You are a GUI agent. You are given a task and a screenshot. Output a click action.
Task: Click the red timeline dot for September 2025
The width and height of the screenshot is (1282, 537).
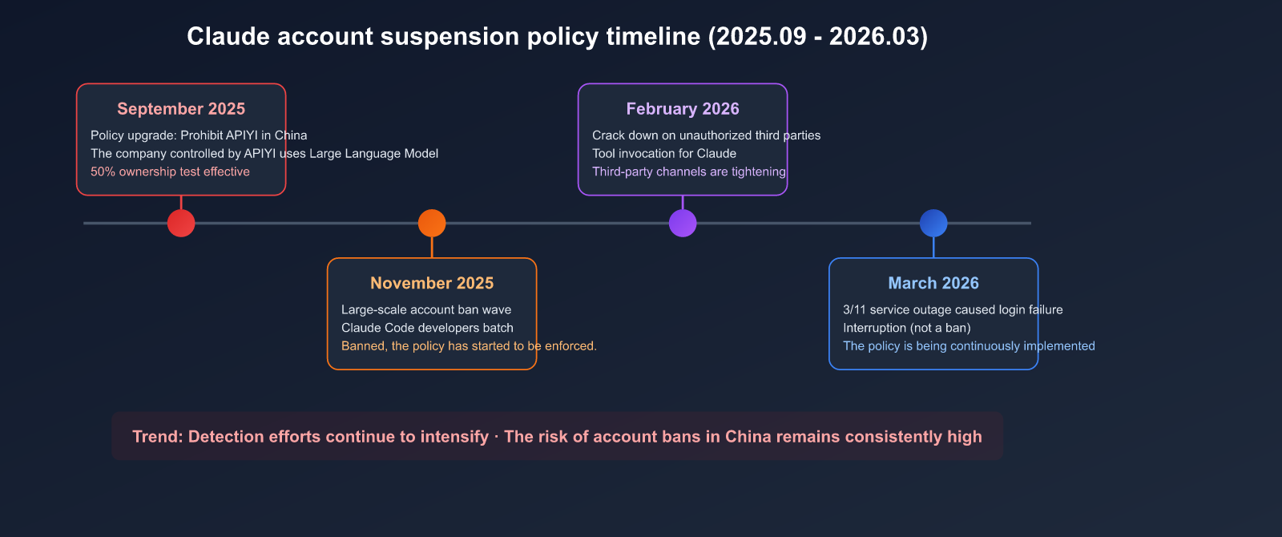pos(181,223)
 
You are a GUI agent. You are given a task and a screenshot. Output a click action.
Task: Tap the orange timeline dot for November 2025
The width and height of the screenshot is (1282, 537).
pos(432,223)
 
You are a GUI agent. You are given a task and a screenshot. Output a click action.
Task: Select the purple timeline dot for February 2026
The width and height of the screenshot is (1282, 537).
pos(683,223)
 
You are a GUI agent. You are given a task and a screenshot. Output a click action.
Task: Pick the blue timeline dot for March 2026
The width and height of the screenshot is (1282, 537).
pos(933,223)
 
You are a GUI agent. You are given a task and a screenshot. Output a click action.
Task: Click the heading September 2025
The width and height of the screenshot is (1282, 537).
pos(181,109)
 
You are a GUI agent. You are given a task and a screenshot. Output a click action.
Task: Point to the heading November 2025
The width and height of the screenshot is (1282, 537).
pos(432,283)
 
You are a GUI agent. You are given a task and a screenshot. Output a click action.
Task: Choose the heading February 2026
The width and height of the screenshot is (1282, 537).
pos(683,109)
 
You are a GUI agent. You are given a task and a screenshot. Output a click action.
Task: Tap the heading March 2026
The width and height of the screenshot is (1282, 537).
pos(933,283)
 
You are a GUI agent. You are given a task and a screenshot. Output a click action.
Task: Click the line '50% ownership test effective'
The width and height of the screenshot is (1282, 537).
pos(170,172)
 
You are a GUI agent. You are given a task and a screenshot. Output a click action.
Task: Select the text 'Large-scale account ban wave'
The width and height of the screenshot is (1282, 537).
pos(426,309)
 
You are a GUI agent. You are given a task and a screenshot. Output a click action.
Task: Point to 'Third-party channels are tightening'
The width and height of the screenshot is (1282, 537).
pos(689,172)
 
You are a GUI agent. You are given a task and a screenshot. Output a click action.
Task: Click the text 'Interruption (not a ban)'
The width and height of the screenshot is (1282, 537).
pos(907,328)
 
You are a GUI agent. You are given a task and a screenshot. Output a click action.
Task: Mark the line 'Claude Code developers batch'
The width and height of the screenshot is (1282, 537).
pos(427,328)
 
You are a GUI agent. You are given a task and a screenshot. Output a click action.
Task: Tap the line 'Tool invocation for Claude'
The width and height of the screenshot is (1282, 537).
pos(664,153)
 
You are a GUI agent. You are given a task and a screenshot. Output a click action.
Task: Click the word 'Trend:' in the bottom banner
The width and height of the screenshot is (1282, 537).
pos(157,437)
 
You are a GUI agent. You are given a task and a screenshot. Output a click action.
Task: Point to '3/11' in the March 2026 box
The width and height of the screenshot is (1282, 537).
pos(854,309)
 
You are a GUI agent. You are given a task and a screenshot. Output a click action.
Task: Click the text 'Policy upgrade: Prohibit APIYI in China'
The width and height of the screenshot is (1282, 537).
pos(199,135)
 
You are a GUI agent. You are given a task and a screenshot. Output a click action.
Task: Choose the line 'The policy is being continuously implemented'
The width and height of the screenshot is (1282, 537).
pos(969,346)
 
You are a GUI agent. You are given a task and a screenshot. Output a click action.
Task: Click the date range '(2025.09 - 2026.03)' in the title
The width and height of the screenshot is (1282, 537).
pos(818,37)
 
